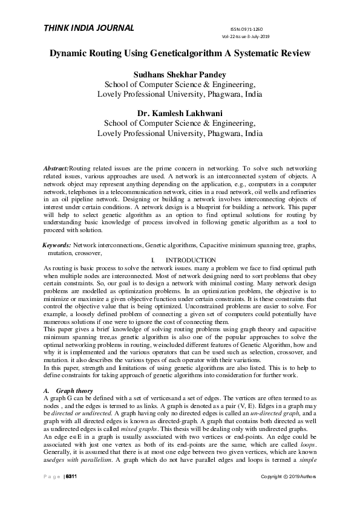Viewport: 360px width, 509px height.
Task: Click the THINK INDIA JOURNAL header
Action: pos(88,28)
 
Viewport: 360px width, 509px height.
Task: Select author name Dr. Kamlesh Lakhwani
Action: pos(180,112)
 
